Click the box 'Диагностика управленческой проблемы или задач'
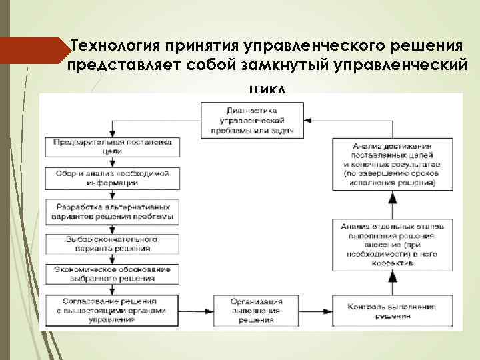point(252,121)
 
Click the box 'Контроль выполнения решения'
point(392,311)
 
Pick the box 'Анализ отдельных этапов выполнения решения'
point(392,244)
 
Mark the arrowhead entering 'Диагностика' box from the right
point(308,121)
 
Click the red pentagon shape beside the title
point(37,51)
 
